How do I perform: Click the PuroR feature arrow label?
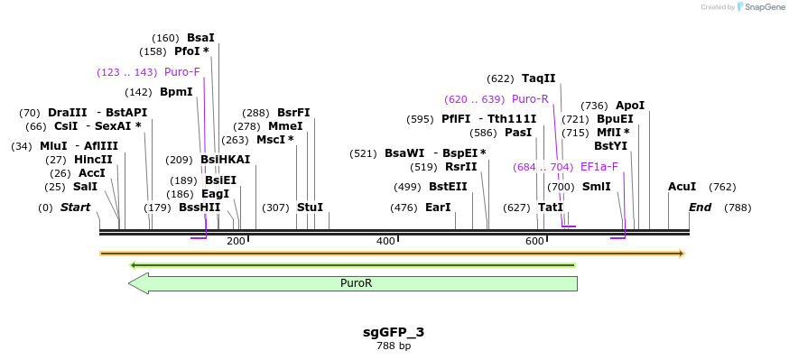[356, 283]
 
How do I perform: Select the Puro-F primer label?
[181, 72]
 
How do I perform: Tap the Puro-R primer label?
[530, 99]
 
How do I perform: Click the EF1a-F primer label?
[599, 167]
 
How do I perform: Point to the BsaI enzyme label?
[200, 38]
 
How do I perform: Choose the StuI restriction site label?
[310, 208]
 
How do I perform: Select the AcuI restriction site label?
[682, 187]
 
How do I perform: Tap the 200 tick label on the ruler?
[236, 241]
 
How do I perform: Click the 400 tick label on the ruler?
[385, 241]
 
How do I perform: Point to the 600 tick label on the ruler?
[534, 241]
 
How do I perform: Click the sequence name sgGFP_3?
[394, 332]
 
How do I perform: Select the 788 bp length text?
[394, 346]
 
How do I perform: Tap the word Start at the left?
[76, 208]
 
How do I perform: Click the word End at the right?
[700, 208]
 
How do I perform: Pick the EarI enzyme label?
[438, 208]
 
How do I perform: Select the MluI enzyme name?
[53, 146]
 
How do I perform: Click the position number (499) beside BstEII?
[406, 187]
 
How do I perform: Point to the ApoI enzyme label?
[630, 106]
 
